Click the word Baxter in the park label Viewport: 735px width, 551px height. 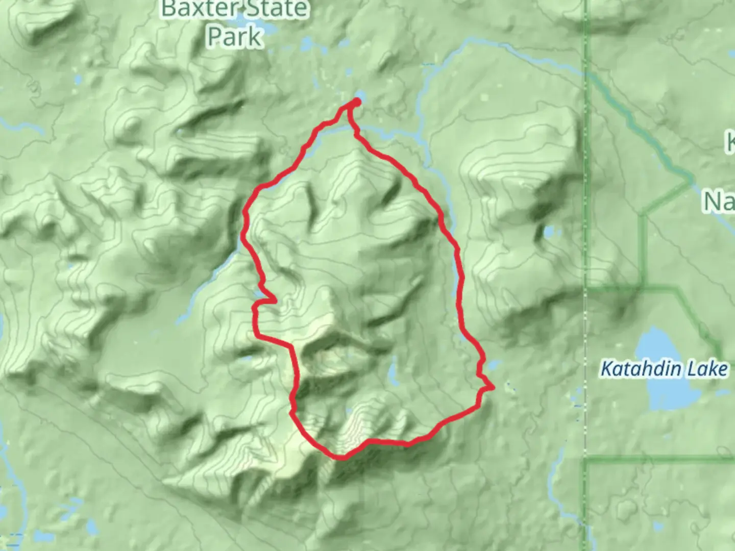click(x=198, y=9)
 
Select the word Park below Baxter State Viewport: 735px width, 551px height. click(x=235, y=37)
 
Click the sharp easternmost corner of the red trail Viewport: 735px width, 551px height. click(x=494, y=388)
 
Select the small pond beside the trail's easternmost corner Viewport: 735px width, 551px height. click(x=494, y=365)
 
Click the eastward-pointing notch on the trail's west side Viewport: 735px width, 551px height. click(x=276, y=301)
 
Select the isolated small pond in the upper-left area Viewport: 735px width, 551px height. click(x=78, y=80)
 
